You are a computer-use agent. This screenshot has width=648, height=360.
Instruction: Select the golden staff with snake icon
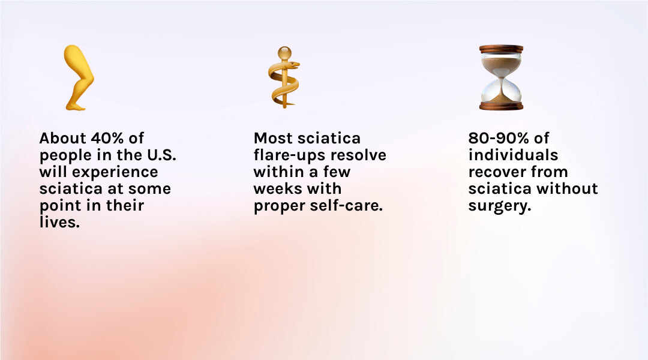(284, 78)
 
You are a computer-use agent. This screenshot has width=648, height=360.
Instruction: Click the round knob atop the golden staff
(284, 52)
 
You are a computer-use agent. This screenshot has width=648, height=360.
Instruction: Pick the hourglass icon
(501, 77)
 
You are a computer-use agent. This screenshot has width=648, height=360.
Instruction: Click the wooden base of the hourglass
(501, 106)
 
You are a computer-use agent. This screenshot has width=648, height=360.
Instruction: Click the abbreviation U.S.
(162, 155)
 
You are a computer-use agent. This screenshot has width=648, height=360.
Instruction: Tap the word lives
(59, 223)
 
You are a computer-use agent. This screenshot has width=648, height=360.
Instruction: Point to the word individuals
(513, 155)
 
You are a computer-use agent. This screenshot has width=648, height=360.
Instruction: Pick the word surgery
(500, 206)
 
